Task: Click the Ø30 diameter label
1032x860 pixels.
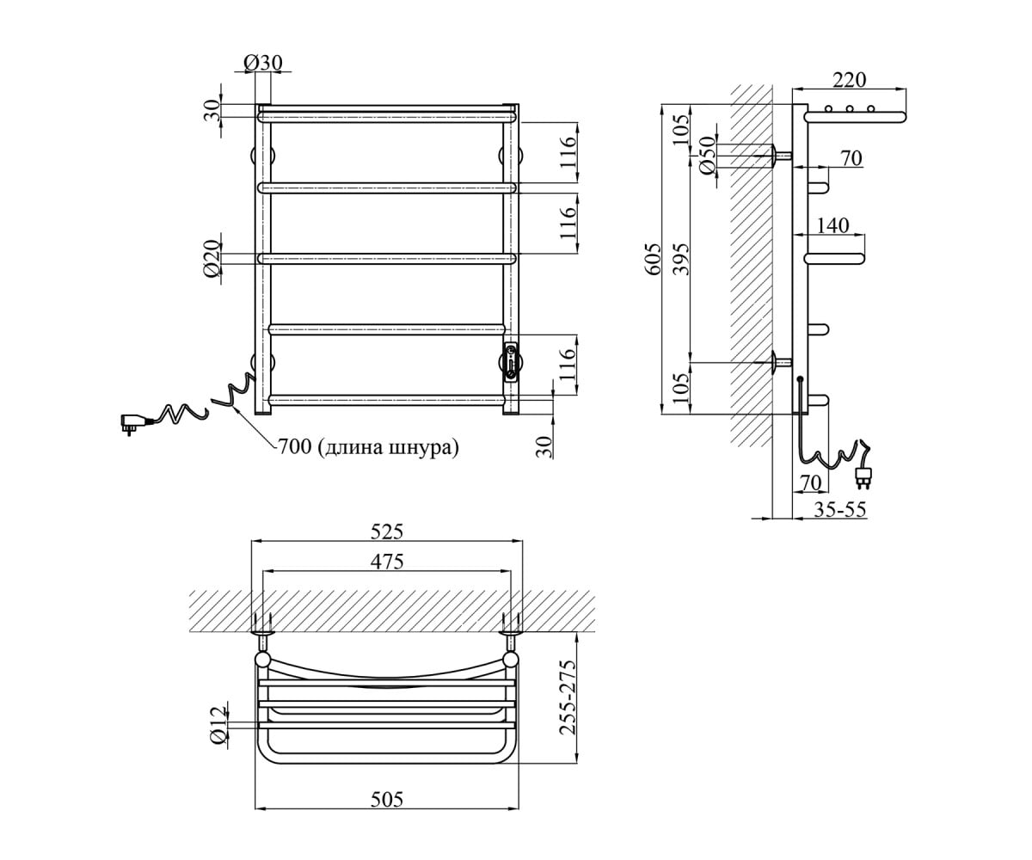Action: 263,63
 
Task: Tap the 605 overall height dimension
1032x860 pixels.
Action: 654,259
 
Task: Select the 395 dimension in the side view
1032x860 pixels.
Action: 682,259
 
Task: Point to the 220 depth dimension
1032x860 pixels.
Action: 849,80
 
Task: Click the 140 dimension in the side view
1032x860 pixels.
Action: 832,225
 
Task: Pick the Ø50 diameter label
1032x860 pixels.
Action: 708,155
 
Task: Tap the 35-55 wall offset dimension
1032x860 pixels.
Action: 839,510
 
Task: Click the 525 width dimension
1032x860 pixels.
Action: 387,531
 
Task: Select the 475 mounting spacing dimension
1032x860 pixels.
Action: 387,562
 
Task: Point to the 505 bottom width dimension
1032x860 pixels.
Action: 387,799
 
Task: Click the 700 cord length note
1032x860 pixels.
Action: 369,447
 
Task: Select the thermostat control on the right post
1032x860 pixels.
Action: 511,362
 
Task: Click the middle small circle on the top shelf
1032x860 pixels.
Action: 850,108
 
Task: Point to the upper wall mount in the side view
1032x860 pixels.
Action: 781,155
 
